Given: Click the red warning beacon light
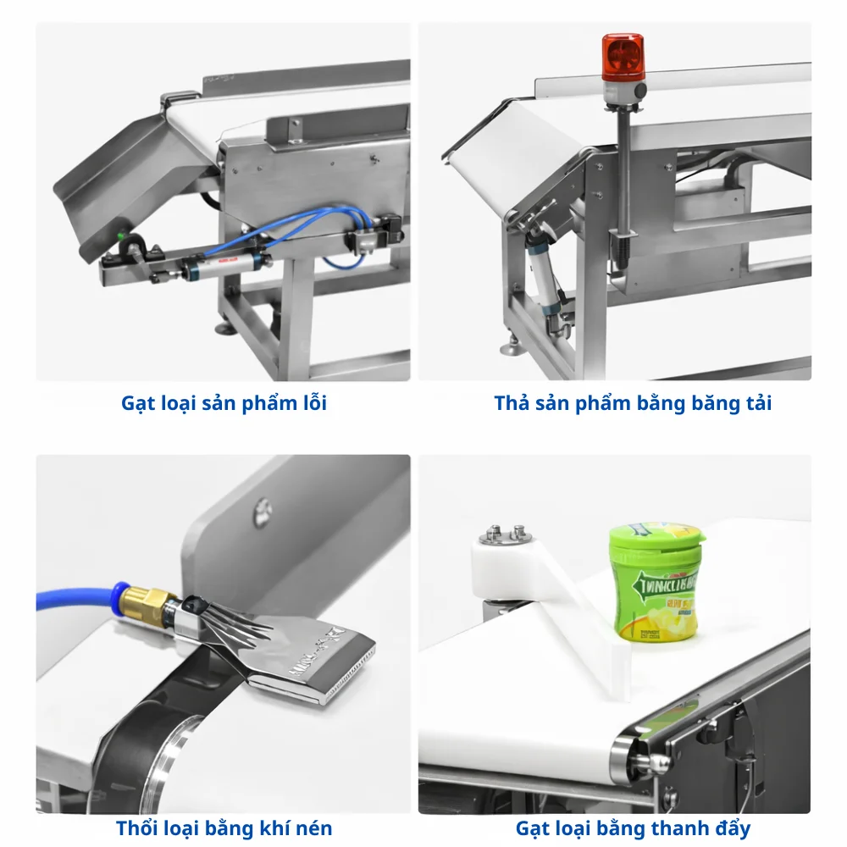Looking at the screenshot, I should [623, 58].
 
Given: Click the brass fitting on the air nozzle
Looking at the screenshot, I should [144, 603].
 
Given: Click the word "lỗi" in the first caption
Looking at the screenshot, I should [309, 403].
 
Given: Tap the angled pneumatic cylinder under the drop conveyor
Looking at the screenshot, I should [543, 275].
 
